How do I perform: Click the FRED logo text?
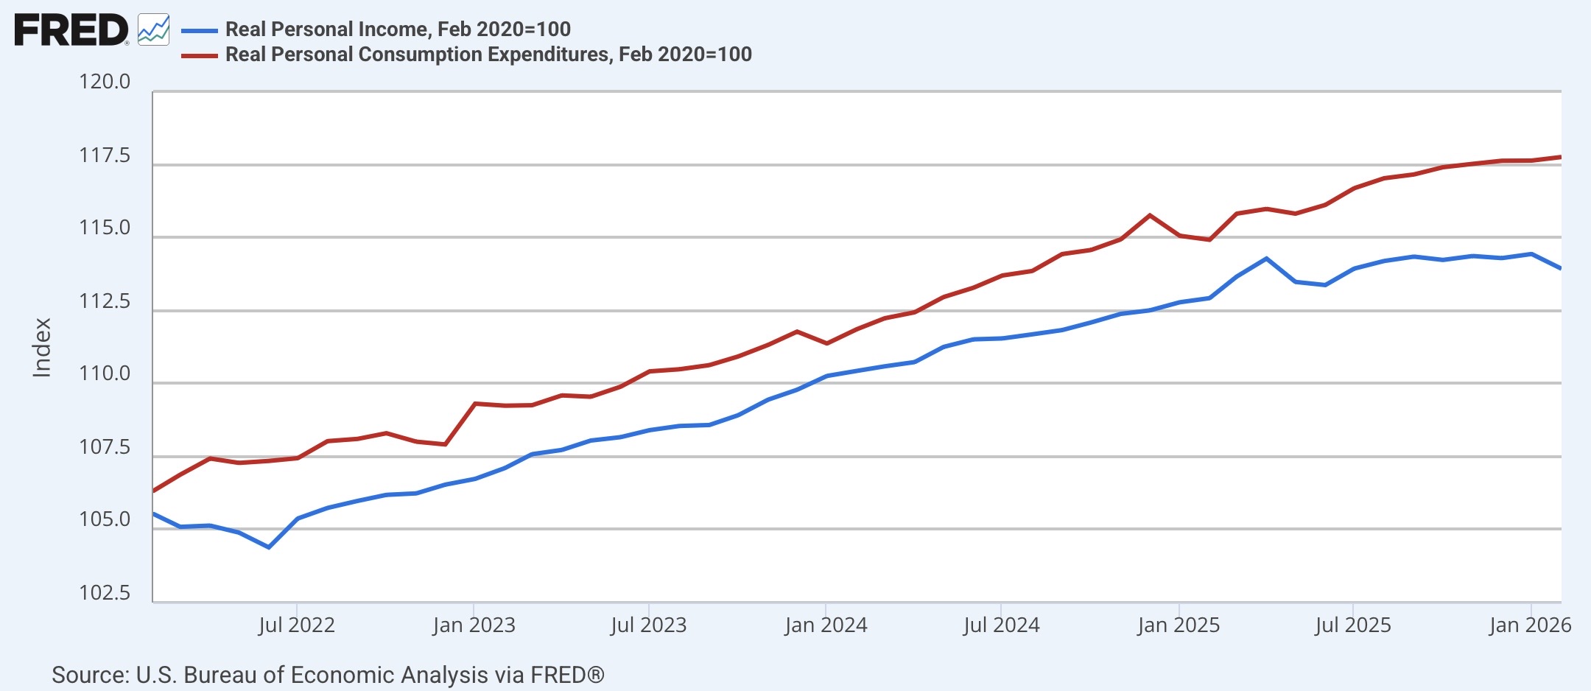[x=71, y=30]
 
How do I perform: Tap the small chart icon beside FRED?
[x=154, y=29]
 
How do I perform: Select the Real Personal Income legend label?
[x=398, y=29]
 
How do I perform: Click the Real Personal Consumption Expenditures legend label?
[x=488, y=54]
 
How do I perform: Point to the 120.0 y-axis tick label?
[x=105, y=82]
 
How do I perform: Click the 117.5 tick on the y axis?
[x=105, y=155]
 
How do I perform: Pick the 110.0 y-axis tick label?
[x=105, y=373]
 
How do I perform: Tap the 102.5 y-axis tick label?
[x=105, y=593]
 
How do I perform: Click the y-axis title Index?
[x=42, y=348]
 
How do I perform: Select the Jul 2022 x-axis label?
[x=297, y=625]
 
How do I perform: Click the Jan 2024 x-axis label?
[x=826, y=625]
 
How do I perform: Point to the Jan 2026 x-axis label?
[x=1530, y=625]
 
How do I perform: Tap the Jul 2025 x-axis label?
[x=1353, y=625]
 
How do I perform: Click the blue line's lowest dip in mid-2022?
[x=269, y=547]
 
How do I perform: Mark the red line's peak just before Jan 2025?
[x=1150, y=215]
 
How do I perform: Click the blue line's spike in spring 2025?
[x=1266, y=259]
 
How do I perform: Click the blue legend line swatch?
[x=200, y=31]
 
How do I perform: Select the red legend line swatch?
[x=200, y=55]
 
